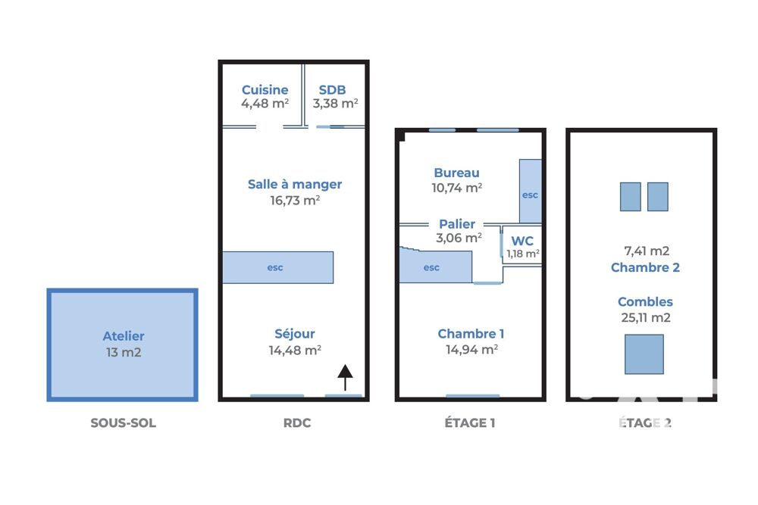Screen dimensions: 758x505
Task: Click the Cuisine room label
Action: pos(265,90)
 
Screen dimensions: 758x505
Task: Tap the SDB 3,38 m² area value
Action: pos(335,103)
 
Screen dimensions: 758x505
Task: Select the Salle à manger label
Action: pos(295,185)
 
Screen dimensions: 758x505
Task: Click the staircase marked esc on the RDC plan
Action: pos(278,267)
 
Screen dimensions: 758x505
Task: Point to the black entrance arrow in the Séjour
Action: pos(345,377)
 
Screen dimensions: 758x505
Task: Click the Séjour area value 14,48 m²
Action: pos(295,350)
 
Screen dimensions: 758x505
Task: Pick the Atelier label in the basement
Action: pos(124,336)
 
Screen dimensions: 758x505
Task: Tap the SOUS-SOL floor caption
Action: pos(124,423)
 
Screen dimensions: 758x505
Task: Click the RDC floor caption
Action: pos(297,423)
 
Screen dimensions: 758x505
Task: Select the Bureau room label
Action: pos(457,173)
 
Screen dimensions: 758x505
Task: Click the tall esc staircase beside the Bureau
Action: pos(531,192)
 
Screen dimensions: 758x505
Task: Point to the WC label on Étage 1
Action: pos(522,241)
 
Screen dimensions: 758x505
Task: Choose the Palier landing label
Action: pos(457,224)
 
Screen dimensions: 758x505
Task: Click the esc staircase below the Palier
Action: pos(436,266)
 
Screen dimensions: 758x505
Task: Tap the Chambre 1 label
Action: pos(471,334)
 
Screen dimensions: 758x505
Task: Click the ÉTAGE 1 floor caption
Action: pos(470,423)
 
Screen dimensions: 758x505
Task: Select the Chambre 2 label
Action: pos(645,267)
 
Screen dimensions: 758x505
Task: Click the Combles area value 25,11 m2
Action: pos(646,318)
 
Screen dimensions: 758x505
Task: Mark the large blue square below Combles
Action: pos(644,354)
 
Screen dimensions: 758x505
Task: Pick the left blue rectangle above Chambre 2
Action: pos(631,197)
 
